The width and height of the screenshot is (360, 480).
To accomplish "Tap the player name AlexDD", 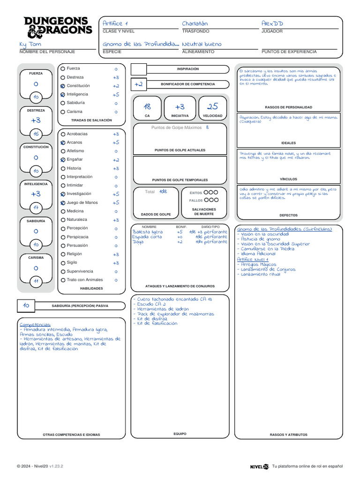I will tap(272, 23).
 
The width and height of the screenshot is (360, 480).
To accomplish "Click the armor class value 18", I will tap(147, 107).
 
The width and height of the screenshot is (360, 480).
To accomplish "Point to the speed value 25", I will tap(213, 107).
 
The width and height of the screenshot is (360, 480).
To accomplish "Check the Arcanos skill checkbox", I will tap(63, 142).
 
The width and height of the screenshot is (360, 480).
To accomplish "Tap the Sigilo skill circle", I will tap(63, 263).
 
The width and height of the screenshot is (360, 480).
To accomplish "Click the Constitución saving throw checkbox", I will tap(63, 86).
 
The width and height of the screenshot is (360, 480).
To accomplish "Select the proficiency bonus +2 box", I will tap(138, 84).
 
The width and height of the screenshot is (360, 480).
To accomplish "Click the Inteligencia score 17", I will tap(36, 208).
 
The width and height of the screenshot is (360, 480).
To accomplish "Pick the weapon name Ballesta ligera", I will tap(148, 232).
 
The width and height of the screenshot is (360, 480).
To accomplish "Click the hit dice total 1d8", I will tap(163, 192).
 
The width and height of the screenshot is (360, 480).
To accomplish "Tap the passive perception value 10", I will tap(26, 306).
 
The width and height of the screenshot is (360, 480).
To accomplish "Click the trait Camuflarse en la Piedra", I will tap(268, 249).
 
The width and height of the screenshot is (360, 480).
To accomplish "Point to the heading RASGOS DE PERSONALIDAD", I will tap(288, 107).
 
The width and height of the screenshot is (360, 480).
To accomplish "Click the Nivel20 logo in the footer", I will tap(259, 466).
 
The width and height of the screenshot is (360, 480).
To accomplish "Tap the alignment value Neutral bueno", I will tap(202, 44).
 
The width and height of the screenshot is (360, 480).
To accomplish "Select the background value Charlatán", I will tap(195, 23).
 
